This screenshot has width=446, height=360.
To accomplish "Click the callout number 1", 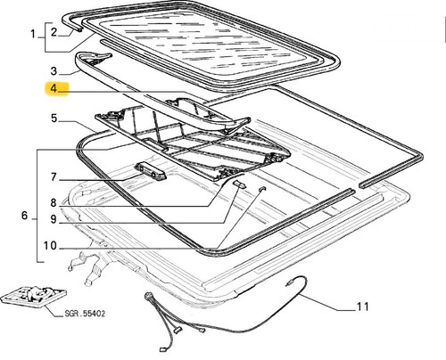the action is (x=33, y=34).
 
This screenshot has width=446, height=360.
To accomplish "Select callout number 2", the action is (x=54, y=32).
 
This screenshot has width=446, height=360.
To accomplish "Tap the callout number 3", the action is (x=54, y=71).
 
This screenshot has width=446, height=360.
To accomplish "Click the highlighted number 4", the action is (x=54, y=88).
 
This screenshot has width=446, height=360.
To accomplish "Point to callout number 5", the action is (x=54, y=118).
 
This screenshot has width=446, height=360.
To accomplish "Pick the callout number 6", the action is (x=25, y=216).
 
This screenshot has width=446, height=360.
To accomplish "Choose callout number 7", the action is (x=54, y=177).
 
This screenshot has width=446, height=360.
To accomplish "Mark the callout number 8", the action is (x=54, y=203).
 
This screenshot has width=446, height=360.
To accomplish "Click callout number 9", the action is (x=54, y=219).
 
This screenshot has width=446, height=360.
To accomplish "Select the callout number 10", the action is (x=50, y=246).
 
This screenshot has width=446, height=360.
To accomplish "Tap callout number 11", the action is (x=363, y=307).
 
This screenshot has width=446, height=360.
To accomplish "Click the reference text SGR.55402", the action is (x=85, y=314).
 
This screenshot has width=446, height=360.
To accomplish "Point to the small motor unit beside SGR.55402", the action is (x=33, y=296).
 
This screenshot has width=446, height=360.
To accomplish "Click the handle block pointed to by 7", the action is (x=151, y=171).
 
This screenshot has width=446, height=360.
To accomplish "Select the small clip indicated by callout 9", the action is (x=240, y=184).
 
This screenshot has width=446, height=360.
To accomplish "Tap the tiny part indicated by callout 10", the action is (x=261, y=189).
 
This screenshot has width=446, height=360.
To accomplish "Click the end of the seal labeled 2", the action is (x=78, y=29).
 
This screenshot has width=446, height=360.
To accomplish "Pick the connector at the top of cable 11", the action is (x=288, y=283).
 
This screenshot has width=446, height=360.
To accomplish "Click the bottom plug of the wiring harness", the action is (x=162, y=350).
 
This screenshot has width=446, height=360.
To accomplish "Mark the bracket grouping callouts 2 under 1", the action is (x=45, y=37).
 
